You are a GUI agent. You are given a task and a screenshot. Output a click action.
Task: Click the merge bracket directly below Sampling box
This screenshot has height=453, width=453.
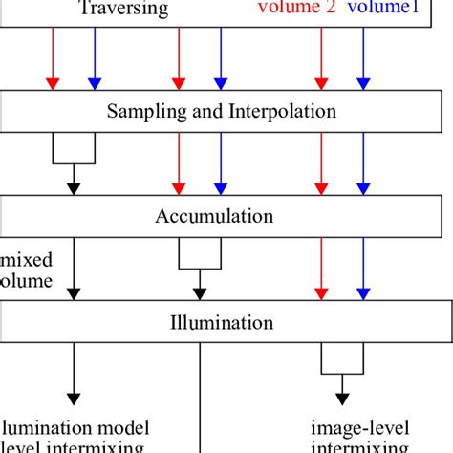click(73, 148)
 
